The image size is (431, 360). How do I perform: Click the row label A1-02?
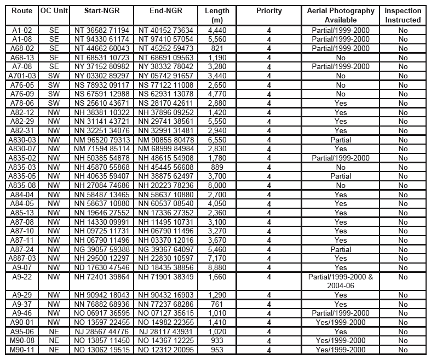(22, 30)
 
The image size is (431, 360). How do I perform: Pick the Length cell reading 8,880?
(217, 267)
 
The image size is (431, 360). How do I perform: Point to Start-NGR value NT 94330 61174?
(102, 39)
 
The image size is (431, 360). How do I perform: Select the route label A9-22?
(22, 277)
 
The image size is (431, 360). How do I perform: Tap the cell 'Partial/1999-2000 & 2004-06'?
(341, 281)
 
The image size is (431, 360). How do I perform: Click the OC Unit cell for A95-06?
(54, 332)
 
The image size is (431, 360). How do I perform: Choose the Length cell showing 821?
(217, 48)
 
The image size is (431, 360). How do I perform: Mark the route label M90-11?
(22, 350)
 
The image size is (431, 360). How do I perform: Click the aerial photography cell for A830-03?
(341, 140)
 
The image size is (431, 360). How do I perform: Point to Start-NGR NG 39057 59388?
(102, 249)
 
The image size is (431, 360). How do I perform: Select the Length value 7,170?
(217, 258)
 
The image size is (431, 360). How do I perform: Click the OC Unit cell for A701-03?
(54, 76)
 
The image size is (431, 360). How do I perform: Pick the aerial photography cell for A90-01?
(341, 322)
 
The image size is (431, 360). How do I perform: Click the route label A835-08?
(22, 185)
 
